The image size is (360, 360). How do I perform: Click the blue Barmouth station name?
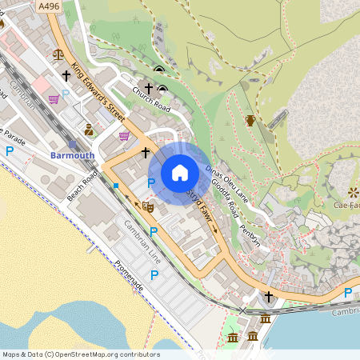(x=72, y=155)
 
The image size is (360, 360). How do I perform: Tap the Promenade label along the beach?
(x=127, y=275)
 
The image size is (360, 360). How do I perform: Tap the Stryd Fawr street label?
(x=201, y=200)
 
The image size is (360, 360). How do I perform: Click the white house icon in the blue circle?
(x=179, y=173)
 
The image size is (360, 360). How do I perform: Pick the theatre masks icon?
(x=147, y=206)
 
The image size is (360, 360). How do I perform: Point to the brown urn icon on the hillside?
(x=250, y=121)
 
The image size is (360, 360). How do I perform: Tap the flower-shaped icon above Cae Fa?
(x=354, y=192)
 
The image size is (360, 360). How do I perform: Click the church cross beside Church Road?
(x=148, y=86)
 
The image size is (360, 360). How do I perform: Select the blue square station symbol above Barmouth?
(x=72, y=144)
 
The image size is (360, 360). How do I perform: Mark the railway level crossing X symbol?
(x=243, y=310)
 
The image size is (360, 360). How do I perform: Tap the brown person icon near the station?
(x=88, y=130)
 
